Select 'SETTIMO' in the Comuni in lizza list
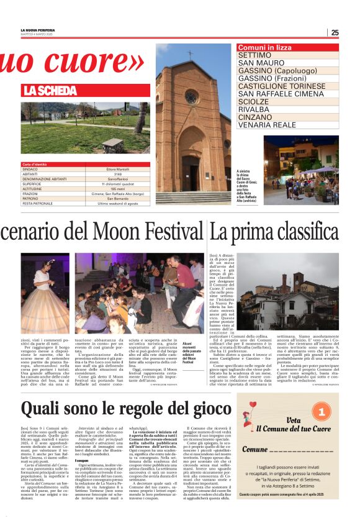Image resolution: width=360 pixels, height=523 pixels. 246,55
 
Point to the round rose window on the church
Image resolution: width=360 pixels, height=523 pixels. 192,97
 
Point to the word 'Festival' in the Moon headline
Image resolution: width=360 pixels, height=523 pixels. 169,232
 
